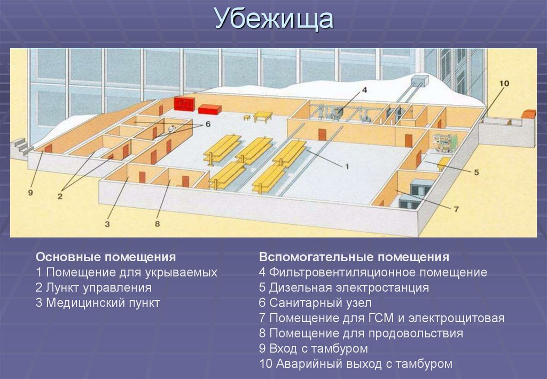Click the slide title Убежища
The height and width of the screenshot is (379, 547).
point(274,20)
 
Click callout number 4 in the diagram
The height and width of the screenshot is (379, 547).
point(364,90)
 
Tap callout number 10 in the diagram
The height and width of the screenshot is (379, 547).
point(504,84)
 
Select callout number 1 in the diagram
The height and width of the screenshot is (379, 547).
point(346,167)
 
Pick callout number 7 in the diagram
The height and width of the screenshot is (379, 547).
point(456,209)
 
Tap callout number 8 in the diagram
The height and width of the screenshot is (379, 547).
point(157,224)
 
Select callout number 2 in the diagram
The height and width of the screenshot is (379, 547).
point(60,196)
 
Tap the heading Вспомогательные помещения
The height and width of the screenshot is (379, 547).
point(354,256)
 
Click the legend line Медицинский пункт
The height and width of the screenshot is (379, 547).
point(98,302)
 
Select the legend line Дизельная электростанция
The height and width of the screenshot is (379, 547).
point(343,287)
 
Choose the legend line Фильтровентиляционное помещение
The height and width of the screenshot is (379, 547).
point(373,272)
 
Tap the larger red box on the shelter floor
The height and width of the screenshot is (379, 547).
point(185,103)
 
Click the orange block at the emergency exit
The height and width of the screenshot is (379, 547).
point(528,114)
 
